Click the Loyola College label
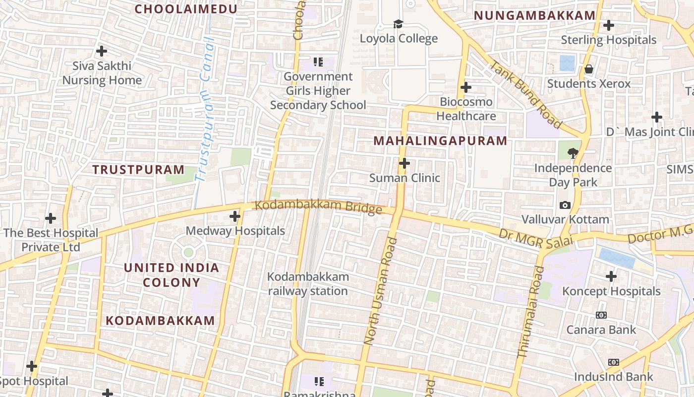(x=399, y=39)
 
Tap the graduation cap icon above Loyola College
(x=398, y=24)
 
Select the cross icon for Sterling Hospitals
(x=609, y=25)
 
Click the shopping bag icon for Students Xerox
(x=589, y=69)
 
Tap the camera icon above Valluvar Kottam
(x=565, y=205)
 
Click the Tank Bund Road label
(x=526, y=94)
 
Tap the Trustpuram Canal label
(x=205, y=109)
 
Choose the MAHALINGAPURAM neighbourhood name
(x=440, y=141)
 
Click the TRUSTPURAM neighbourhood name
(x=138, y=170)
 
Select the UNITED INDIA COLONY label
(x=171, y=275)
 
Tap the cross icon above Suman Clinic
(x=405, y=163)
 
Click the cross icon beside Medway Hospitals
(x=235, y=216)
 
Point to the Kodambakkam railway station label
(x=308, y=284)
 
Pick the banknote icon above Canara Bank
(x=601, y=315)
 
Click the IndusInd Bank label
(x=614, y=377)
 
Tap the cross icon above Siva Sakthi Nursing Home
(x=102, y=51)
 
